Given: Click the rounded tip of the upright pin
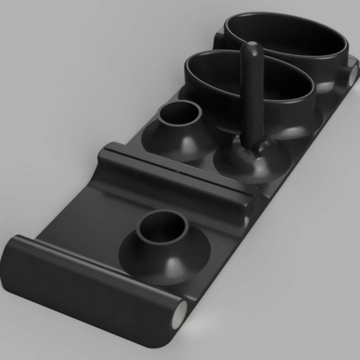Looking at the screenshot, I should point(250,49).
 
